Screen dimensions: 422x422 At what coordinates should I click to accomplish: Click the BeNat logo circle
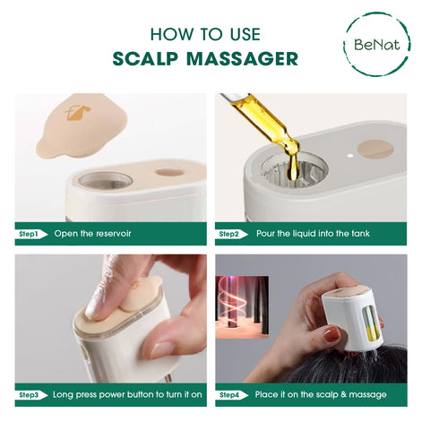pyautogui.click(x=376, y=43)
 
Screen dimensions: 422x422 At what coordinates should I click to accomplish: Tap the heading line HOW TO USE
pyautogui.click(x=205, y=34)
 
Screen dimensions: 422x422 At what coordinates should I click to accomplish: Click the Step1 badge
pyautogui.click(x=29, y=234)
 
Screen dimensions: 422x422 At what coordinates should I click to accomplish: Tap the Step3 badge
pyautogui.click(x=29, y=394)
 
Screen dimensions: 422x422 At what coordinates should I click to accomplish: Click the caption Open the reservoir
pyautogui.click(x=93, y=234)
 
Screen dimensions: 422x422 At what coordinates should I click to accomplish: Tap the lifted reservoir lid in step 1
pyautogui.click(x=81, y=125)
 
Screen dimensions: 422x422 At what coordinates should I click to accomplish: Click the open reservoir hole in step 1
pyautogui.click(x=105, y=179)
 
